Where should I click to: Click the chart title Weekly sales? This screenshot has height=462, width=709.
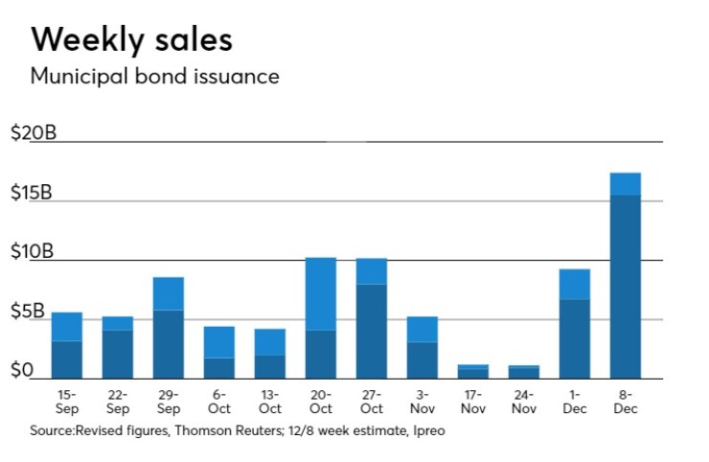coord(131,40)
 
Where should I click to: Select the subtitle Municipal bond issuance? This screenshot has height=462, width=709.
coord(154,77)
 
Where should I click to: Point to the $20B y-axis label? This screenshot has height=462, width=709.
coord(33,133)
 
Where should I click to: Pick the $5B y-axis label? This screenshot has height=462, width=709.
coord(28,312)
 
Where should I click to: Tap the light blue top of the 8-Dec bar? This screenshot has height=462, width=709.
coord(625,183)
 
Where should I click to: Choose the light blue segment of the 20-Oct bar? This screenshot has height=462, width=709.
coord(320,293)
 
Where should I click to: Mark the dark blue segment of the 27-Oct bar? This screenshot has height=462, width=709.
coord(371,331)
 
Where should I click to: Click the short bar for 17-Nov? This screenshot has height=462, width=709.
coord(472,371)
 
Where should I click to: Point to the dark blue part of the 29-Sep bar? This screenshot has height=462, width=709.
coord(168,343)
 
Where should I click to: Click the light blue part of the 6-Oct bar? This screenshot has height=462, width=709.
coord(218,342)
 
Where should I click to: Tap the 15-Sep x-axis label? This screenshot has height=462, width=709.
coord(66,403)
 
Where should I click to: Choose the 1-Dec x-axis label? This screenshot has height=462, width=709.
coord(575,403)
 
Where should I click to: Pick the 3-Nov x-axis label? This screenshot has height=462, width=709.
coord(422,403)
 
